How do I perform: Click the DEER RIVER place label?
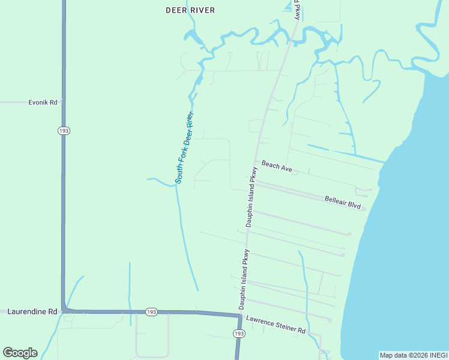[x=190, y=10]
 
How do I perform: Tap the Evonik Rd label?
[x=43, y=103]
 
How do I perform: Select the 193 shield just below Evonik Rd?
[x=64, y=131]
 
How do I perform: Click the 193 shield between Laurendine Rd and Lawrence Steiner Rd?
[x=151, y=312]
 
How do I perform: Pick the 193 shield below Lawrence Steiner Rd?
[x=239, y=333]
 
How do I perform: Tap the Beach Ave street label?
[x=276, y=167]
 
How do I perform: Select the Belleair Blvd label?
[x=342, y=202]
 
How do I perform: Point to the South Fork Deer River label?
[x=185, y=148]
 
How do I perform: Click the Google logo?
[x=20, y=353]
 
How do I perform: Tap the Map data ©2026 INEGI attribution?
[x=413, y=355]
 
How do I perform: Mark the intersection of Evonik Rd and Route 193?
[x=64, y=103]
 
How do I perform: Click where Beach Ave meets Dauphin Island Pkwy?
[x=256, y=161]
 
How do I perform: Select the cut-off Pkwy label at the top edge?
[x=297, y=9]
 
